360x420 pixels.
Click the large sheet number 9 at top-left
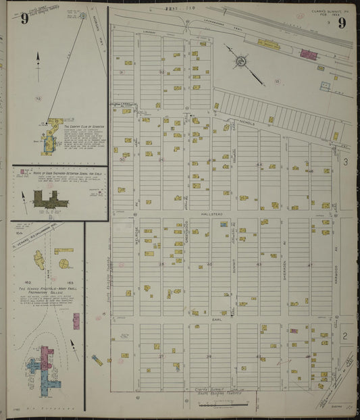[24, 18]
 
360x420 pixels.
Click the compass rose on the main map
[240, 61]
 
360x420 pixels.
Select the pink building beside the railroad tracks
[308, 54]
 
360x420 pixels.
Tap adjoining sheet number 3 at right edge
[344, 161]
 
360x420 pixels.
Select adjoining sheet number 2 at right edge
[344, 336]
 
